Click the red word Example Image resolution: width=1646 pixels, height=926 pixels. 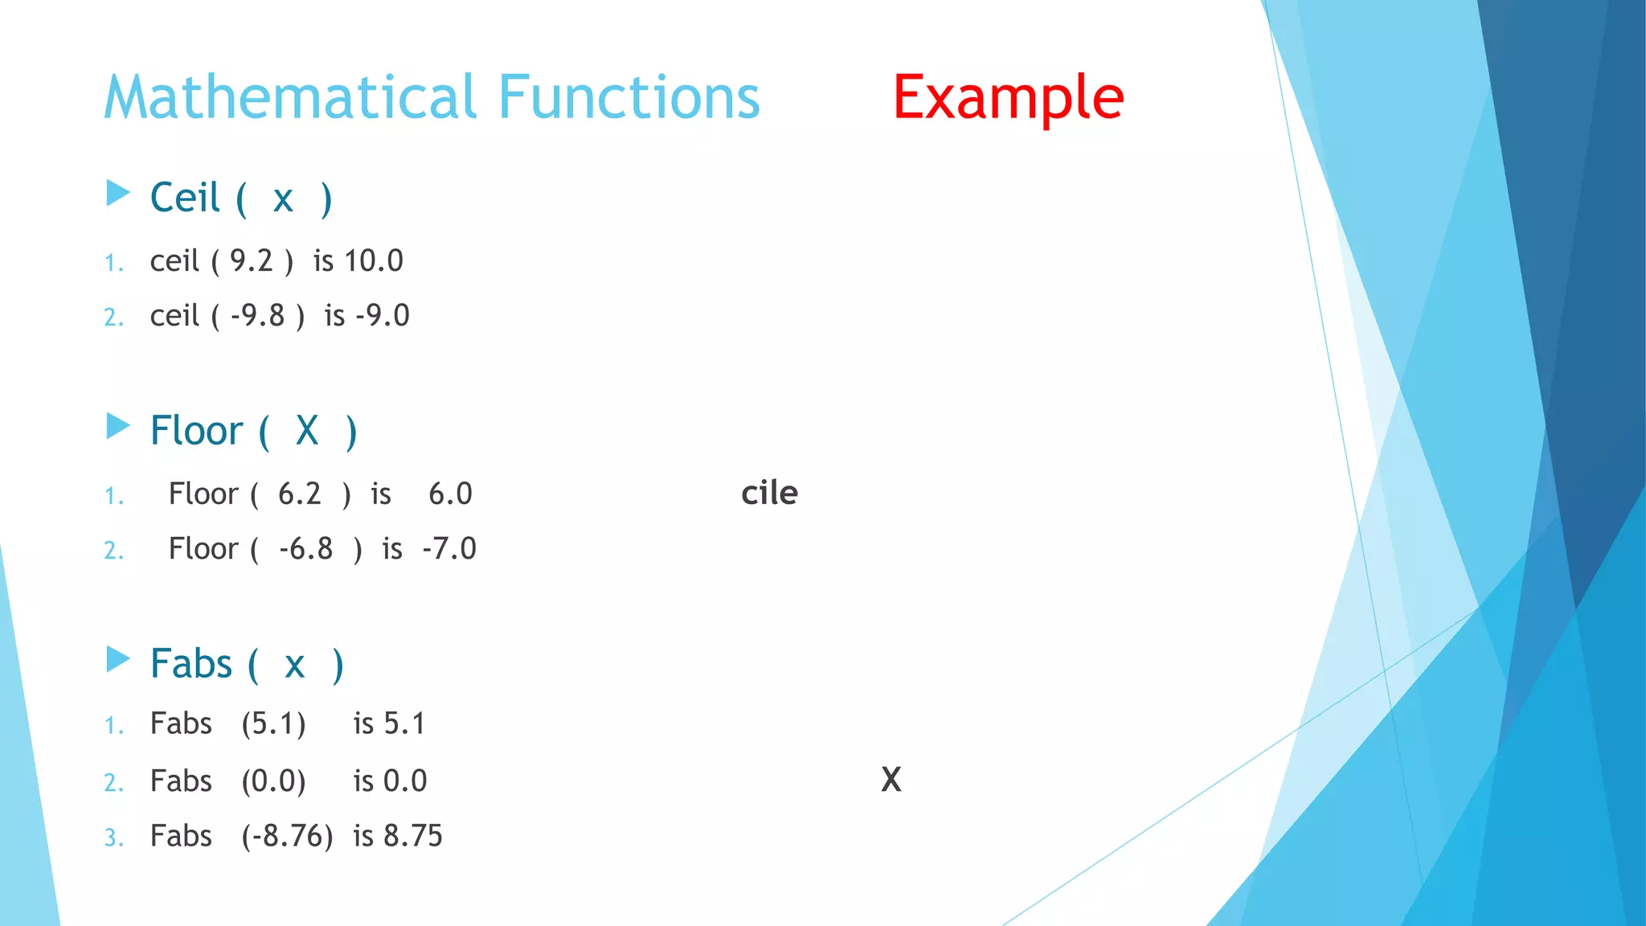click(1008, 98)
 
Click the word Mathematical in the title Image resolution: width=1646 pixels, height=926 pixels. click(291, 98)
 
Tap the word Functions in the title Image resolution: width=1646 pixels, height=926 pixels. click(629, 98)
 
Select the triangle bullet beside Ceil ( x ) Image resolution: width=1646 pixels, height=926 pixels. click(118, 193)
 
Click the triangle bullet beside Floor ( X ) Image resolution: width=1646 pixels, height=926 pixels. click(118, 426)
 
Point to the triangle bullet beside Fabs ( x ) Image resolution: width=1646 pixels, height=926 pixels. click(118, 659)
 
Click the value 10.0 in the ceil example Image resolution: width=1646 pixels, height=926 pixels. click(374, 261)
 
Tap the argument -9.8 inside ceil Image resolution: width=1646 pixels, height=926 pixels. click(257, 316)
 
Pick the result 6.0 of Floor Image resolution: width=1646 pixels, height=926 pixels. click(450, 494)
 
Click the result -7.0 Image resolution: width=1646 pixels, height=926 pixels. click(449, 549)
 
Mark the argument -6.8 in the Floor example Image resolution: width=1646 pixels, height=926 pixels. click(305, 549)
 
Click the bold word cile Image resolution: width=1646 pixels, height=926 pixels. click(769, 493)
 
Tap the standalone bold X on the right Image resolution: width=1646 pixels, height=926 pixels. click(891, 780)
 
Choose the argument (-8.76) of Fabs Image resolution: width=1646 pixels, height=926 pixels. click(287, 837)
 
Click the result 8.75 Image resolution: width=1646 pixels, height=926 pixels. click(412, 837)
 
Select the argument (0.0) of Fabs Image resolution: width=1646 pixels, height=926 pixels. click(273, 781)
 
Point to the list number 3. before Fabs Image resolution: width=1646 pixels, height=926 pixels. click(113, 838)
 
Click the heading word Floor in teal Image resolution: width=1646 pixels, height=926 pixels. click(196, 431)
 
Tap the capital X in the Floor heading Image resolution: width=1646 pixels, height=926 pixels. click(307, 431)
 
